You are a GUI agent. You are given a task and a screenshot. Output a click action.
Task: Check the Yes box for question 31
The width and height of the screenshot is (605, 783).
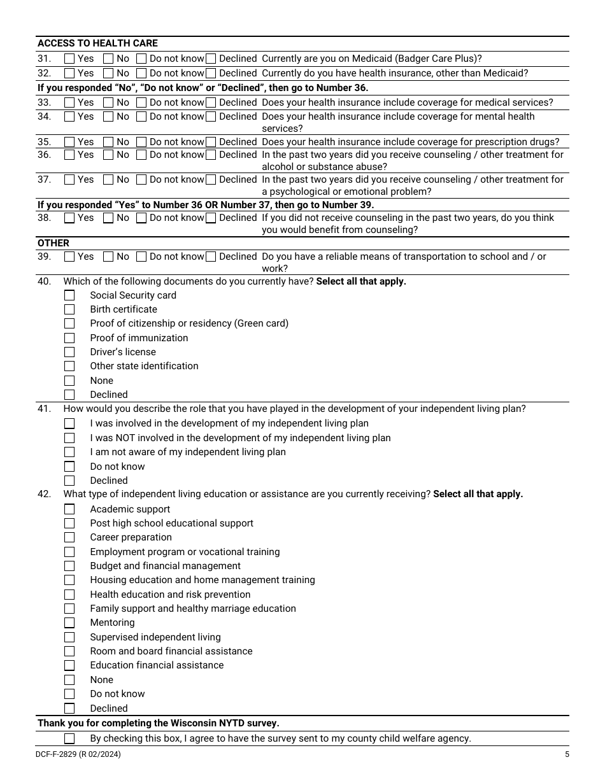click(69, 59)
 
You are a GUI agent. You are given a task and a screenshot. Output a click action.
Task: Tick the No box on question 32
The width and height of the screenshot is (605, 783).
click(108, 73)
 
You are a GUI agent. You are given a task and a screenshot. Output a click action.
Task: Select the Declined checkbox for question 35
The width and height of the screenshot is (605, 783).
click(211, 142)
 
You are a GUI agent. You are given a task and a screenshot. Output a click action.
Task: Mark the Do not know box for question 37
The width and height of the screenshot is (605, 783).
click(141, 180)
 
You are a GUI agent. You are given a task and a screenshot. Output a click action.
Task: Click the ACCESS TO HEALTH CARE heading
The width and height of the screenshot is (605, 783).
click(97, 43)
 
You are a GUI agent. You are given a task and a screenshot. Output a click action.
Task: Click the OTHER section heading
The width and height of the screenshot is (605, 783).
click(53, 243)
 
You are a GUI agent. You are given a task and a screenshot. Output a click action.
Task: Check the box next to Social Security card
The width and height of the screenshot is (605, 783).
click(69, 295)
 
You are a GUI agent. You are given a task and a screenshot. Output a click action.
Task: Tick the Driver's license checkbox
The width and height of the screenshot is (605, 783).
click(69, 352)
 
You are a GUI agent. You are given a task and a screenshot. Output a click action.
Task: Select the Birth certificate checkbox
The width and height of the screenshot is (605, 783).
click(69, 309)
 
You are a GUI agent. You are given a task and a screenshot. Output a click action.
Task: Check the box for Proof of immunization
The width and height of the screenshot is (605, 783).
click(69, 338)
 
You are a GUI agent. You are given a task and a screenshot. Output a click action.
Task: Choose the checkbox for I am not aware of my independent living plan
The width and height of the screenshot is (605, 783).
click(69, 452)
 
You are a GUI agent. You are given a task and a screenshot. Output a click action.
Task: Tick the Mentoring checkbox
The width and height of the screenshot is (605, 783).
click(69, 623)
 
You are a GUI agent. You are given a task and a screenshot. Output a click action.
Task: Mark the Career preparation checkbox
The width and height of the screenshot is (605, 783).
click(69, 537)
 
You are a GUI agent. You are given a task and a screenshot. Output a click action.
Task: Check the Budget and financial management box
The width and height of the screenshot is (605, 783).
click(69, 566)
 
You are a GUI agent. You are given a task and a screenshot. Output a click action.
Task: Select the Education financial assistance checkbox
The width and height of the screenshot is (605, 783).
click(69, 665)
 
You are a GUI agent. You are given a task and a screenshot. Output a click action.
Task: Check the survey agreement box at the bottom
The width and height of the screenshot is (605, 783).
click(69, 738)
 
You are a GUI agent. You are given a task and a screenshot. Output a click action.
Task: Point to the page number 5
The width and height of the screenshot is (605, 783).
click(567, 755)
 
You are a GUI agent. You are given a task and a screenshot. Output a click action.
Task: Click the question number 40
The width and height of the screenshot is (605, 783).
click(44, 281)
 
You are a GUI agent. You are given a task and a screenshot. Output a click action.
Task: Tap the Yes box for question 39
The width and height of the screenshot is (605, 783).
click(69, 257)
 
